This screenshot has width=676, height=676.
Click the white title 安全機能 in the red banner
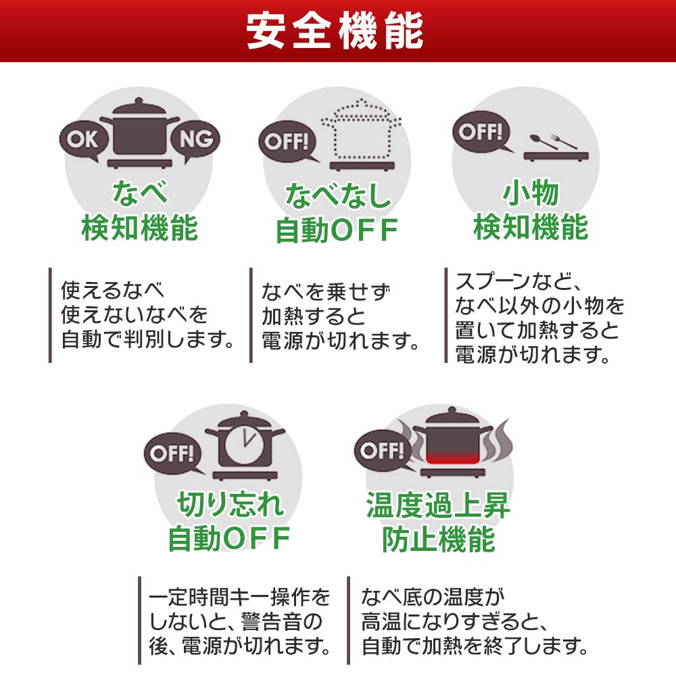(335, 31)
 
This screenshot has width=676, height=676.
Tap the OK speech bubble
(82, 140)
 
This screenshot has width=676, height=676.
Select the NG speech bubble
(195, 140)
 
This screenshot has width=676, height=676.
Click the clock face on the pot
(245, 441)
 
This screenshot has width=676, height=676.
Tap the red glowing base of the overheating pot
(453, 457)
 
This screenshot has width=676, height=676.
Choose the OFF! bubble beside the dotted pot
(287, 141)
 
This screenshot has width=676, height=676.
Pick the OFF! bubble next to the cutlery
(481, 132)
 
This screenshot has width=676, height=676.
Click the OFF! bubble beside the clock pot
(172, 453)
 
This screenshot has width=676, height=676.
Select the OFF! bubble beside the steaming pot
(383, 450)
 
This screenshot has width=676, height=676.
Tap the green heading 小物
(531, 193)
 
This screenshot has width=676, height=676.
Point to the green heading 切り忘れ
(231, 504)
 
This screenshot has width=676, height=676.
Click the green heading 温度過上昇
(438, 505)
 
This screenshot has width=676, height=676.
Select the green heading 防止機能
(439, 539)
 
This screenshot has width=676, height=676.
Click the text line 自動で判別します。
(148, 339)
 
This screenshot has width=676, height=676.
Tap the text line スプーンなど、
(519, 281)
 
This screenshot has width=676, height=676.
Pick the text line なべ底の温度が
(433, 597)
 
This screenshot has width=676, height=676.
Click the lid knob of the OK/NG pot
(139, 102)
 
